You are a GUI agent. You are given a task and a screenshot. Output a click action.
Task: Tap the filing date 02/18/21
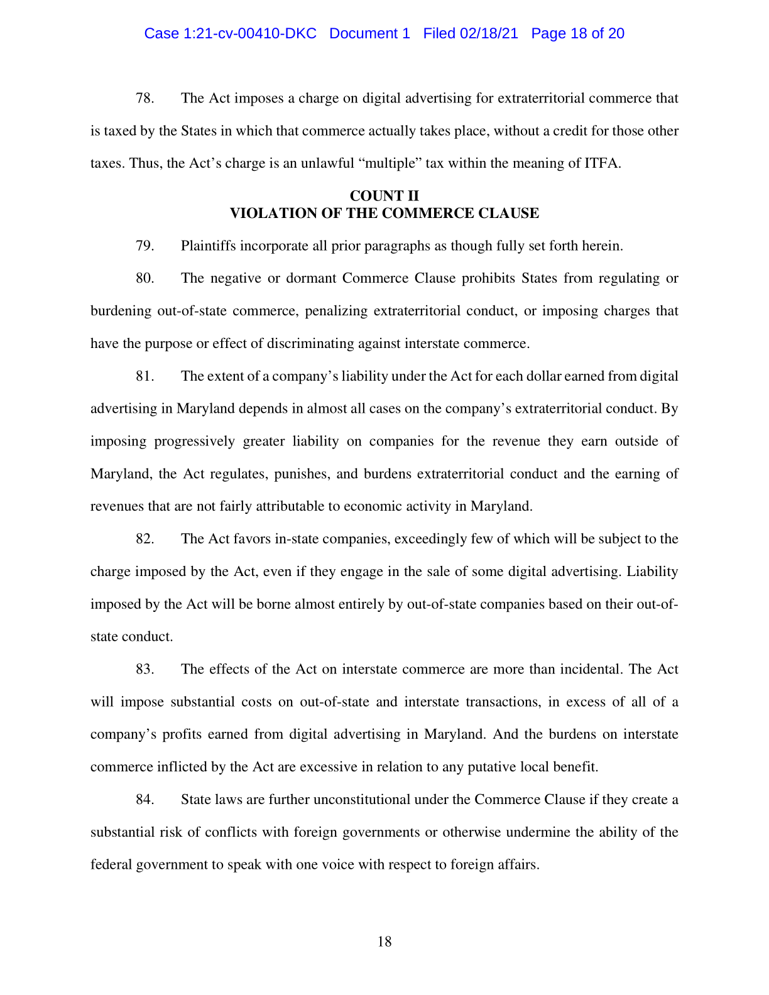[489, 34]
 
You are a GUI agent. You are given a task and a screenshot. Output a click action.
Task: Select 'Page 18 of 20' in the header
[577, 34]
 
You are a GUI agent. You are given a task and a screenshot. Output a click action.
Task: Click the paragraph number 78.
[145, 99]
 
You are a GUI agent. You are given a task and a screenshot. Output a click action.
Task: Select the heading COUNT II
[384, 196]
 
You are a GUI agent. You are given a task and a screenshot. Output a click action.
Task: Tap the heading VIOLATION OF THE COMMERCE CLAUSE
[384, 214]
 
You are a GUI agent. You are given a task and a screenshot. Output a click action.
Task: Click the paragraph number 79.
[145, 246]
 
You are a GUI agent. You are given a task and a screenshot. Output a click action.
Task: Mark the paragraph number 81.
[145, 376]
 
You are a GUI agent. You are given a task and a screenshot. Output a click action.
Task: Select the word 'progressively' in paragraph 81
[194, 442]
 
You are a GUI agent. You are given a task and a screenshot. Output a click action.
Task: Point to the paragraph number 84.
[145, 800]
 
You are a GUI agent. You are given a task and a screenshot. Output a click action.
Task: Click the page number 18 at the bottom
[384, 942]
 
